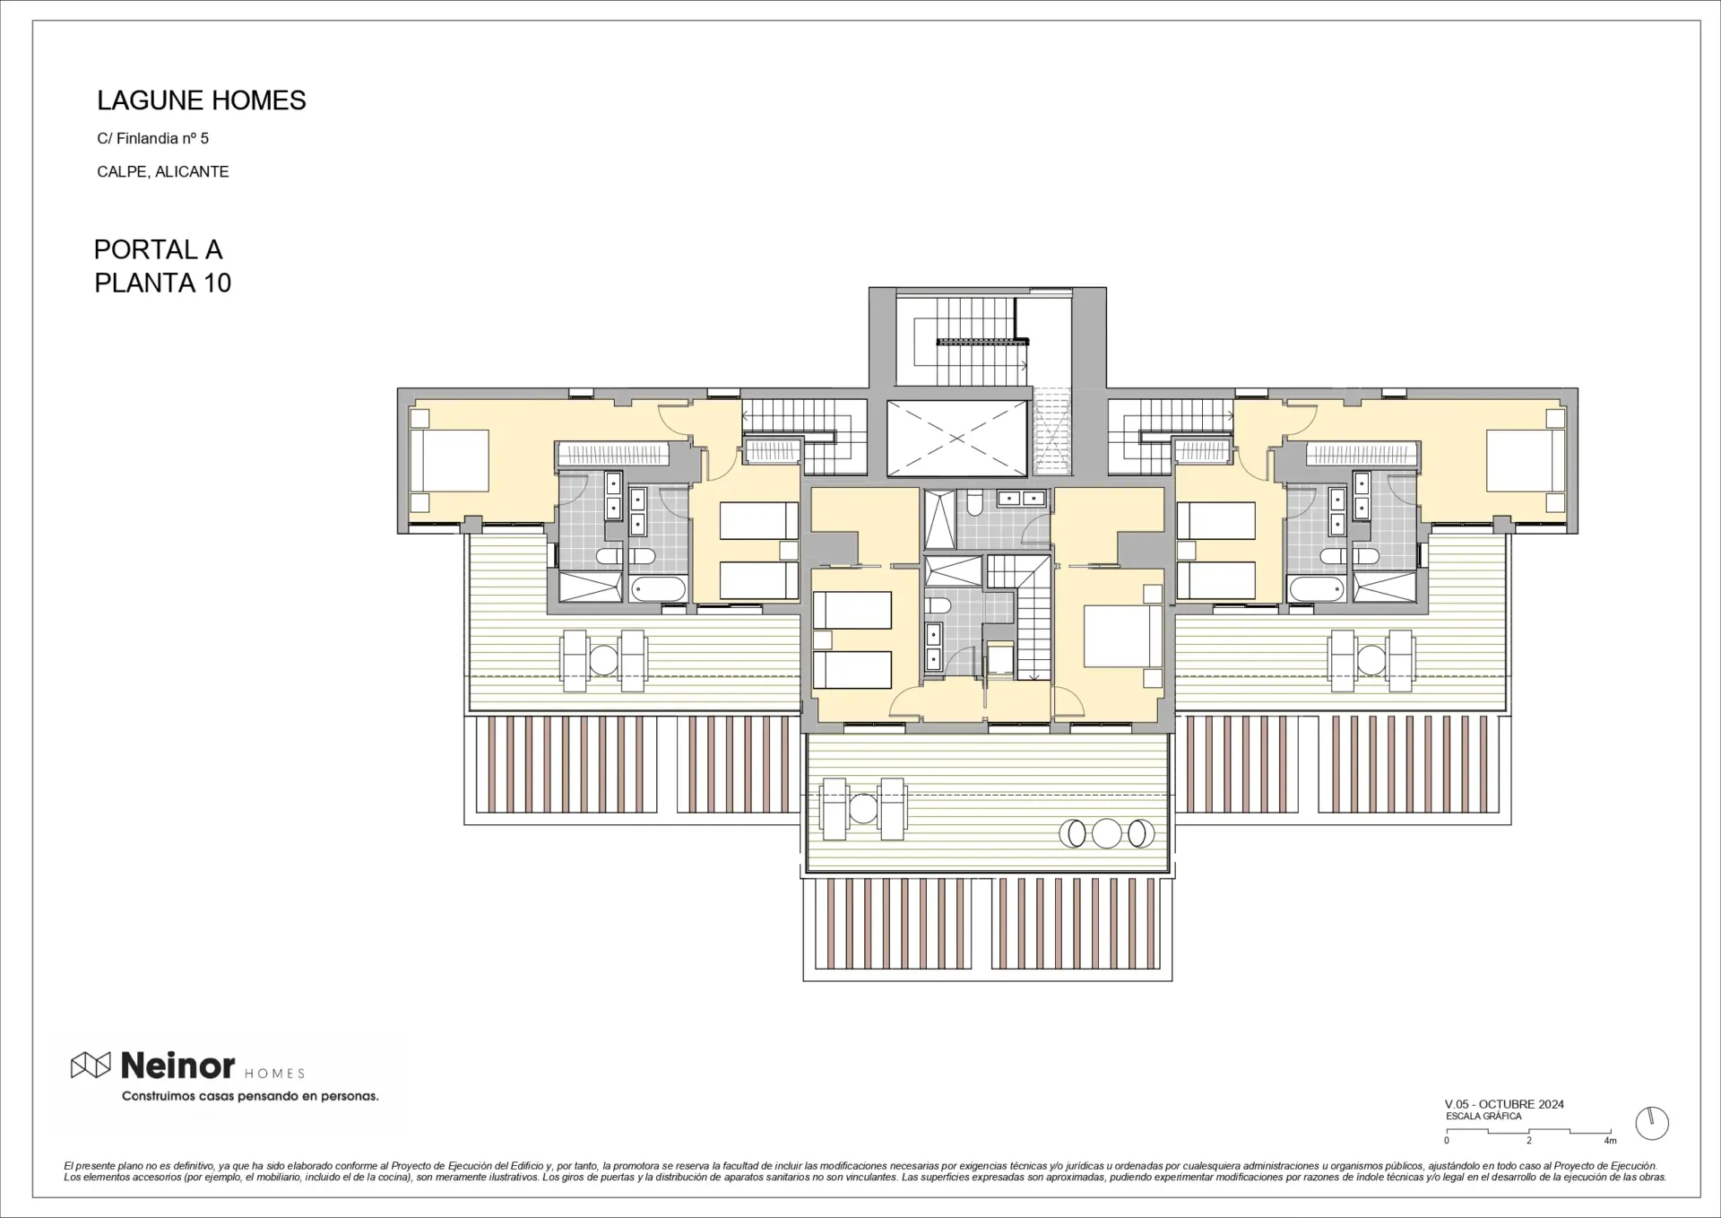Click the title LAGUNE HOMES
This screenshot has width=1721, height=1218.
(202, 100)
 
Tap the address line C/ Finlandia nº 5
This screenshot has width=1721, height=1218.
(153, 138)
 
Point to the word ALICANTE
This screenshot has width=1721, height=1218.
(192, 171)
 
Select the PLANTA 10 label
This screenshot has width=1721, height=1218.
(163, 283)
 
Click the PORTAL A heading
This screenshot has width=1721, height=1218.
(158, 249)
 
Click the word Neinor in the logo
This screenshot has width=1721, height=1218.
(177, 1066)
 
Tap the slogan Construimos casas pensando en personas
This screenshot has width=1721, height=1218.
(250, 1096)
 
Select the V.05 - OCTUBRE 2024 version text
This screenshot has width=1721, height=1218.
(1504, 1104)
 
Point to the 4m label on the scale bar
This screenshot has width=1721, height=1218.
(1611, 1141)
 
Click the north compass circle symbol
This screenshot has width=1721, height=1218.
(1652, 1123)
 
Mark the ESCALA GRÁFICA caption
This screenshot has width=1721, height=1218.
(1483, 1117)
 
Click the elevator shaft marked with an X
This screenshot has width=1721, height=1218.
(957, 439)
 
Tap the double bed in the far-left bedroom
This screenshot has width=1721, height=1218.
(449, 461)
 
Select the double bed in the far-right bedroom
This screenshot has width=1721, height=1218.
(1526, 461)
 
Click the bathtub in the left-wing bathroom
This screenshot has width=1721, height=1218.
(659, 589)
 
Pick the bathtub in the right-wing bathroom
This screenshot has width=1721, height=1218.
(1317, 589)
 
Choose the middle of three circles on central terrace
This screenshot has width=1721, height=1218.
(1108, 834)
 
